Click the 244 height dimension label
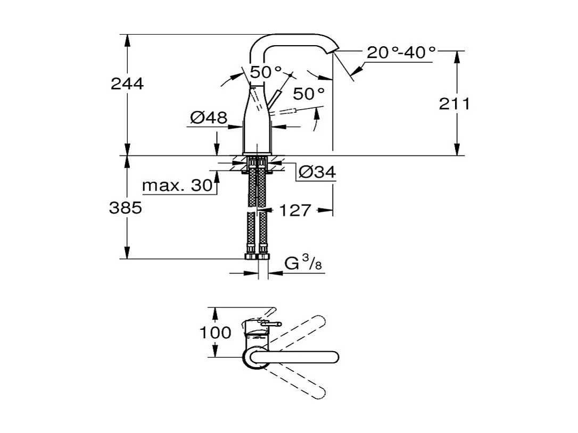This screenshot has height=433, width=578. pos(127,84)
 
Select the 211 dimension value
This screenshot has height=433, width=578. pos(454,104)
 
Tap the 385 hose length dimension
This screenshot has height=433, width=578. pos(126,208)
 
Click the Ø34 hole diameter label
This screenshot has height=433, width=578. pos(317,172)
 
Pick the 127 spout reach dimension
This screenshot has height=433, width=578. pos(295,211)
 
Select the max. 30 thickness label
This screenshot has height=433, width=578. pos(177,186)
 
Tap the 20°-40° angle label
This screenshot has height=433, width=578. pos(401,52)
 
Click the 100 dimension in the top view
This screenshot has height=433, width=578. pos(215,333)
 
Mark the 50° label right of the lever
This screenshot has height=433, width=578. pos(309,94)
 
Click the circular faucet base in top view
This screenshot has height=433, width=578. pos(254,357)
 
